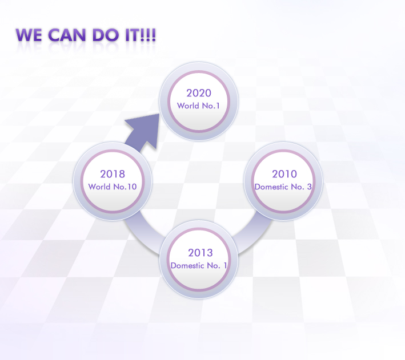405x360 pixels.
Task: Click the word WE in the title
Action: pos(29,35)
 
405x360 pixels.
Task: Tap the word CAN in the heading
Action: pos(67,35)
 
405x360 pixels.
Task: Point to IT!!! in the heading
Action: pos(141,35)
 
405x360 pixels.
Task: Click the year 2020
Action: pos(199,93)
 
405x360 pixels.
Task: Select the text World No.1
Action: pos(198,106)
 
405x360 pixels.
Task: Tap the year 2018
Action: pos(113,174)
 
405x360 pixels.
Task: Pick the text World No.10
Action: pos(113,187)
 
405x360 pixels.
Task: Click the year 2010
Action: pos(284,174)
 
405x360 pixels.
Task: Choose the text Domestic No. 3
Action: pos(283,187)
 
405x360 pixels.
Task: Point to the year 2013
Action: pos(201,253)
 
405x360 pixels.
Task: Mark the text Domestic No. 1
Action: pos(199,265)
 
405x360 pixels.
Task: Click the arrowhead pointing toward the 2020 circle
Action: pos(145,130)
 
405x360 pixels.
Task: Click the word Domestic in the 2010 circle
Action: pos(271,187)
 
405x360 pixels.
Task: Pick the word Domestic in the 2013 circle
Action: pos(187,265)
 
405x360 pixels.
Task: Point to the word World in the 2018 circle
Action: pos(99,187)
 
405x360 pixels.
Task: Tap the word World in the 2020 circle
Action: pos(188,106)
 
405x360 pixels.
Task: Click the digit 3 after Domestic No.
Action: pos(309,187)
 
